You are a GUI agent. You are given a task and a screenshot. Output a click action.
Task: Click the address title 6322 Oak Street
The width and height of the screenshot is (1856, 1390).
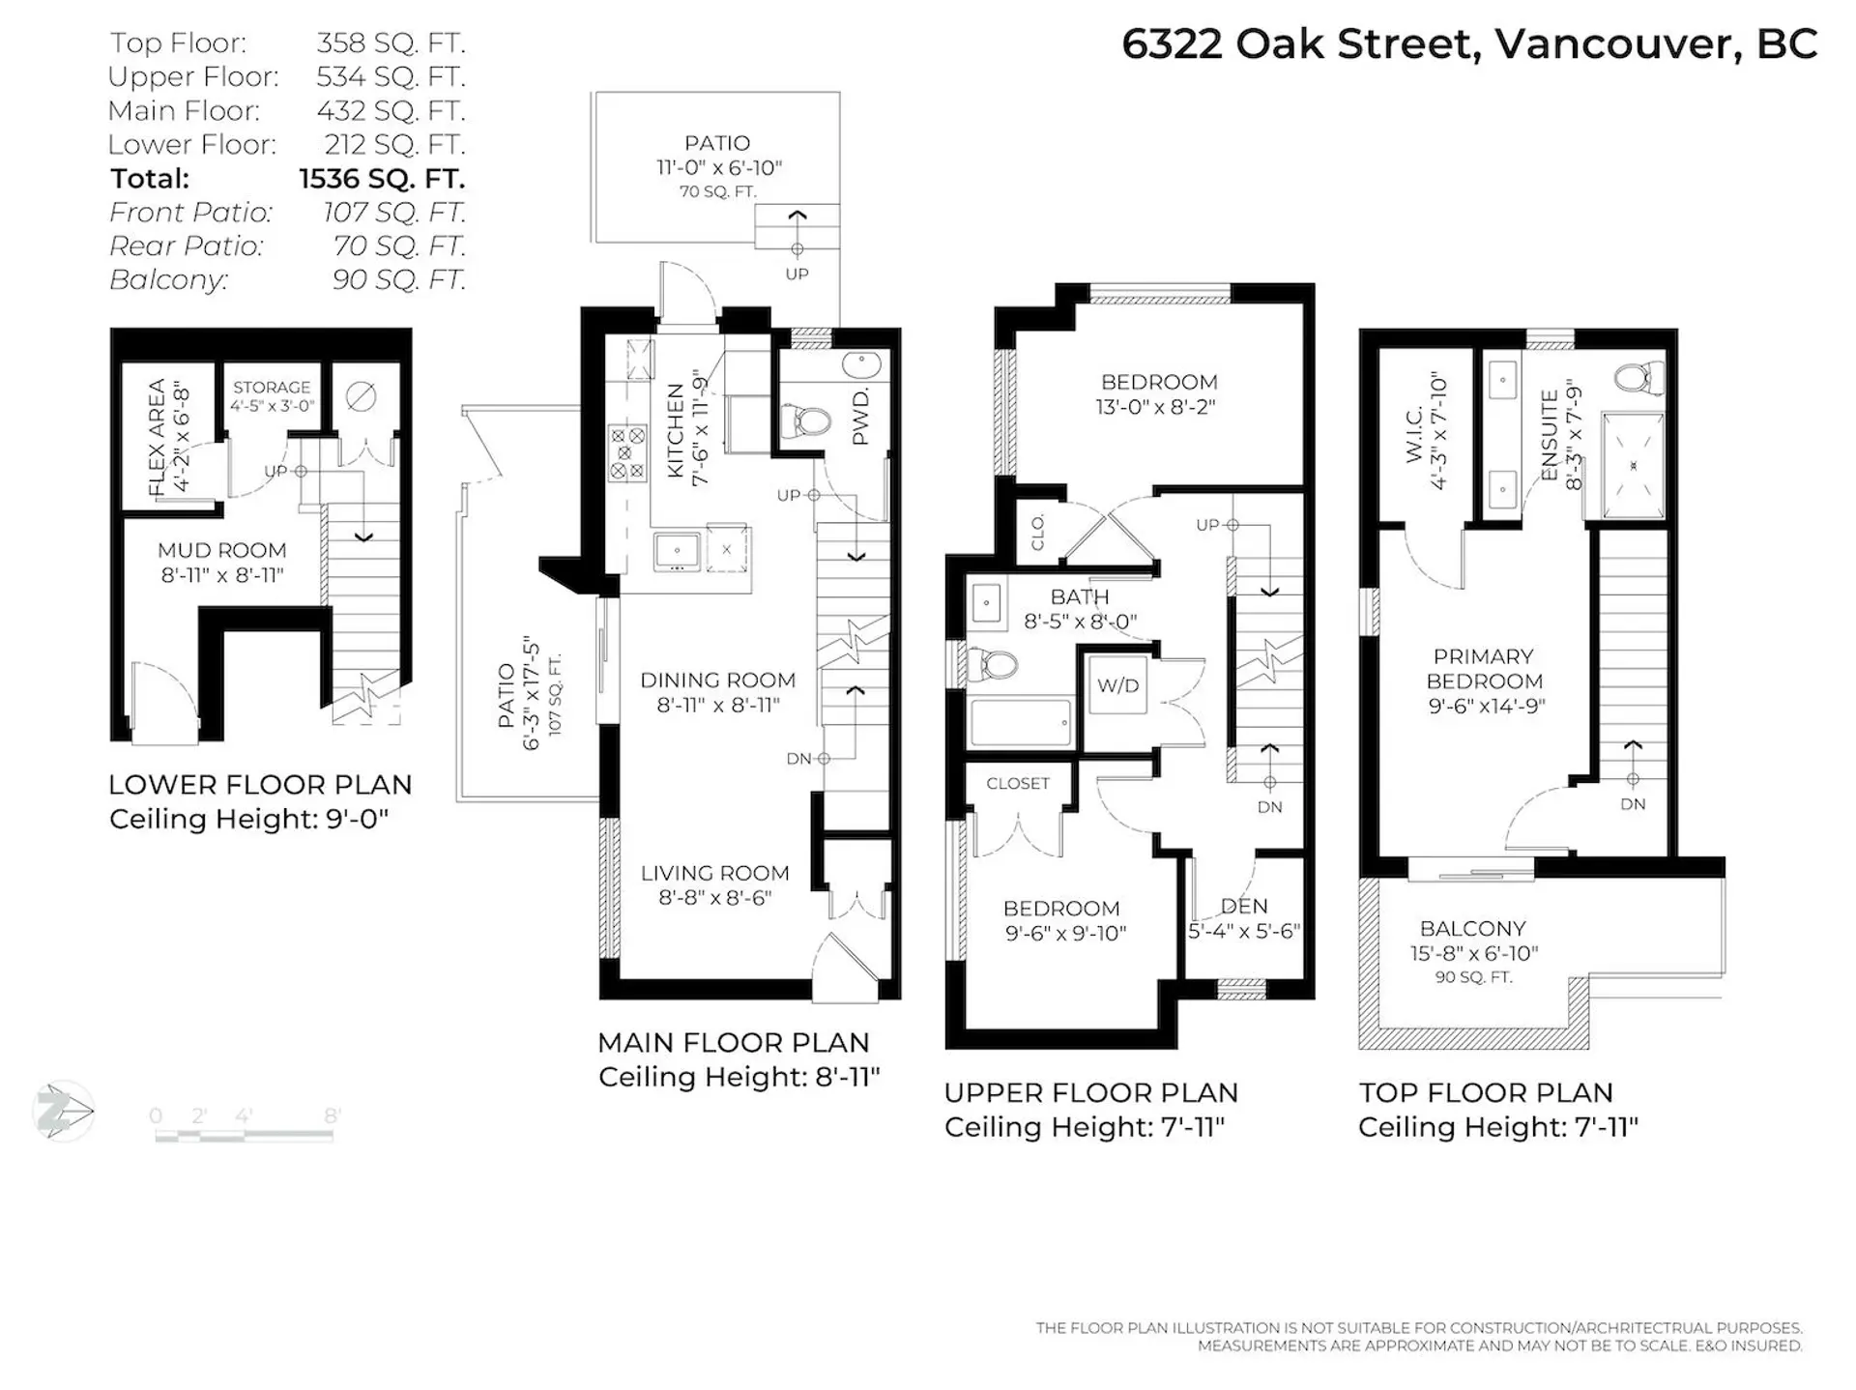click(1469, 44)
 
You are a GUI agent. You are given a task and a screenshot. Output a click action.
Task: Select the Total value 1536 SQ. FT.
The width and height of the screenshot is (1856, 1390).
click(382, 179)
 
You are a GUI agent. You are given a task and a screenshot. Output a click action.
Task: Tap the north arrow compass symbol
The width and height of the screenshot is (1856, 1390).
click(64, 1112)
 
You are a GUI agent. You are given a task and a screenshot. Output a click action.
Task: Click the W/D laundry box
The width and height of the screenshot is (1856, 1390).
click(1117, 685)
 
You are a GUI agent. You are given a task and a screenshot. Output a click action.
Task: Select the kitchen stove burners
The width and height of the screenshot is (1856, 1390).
click(626, 453)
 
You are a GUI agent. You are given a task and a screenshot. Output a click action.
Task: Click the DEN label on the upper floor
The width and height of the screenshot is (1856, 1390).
click(1244, 906)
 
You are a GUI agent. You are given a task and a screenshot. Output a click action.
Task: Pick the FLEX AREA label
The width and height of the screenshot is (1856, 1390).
click(157, 438)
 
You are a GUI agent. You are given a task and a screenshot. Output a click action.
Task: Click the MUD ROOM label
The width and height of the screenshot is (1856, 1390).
click(222, 550)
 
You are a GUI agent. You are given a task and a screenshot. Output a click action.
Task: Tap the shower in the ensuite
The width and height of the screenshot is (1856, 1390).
click(1634, 466)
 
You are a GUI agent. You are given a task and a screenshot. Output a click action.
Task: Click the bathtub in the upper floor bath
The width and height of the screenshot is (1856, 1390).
click(1021, 722)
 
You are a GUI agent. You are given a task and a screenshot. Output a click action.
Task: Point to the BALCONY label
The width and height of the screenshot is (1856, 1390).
click(1472, 928)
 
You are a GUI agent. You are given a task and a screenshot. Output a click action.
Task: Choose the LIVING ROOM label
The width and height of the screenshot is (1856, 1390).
click(714, 873)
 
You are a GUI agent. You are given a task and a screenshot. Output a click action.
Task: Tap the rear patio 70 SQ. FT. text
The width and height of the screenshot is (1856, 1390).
click(717, 191)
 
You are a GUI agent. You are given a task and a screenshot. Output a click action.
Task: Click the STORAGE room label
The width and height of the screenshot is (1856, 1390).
click(272, 387)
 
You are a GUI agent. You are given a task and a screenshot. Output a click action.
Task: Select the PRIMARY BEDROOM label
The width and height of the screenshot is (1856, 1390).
click(1483, 669)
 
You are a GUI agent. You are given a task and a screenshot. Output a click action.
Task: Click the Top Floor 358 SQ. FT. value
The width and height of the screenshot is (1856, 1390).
click(391, 43)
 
